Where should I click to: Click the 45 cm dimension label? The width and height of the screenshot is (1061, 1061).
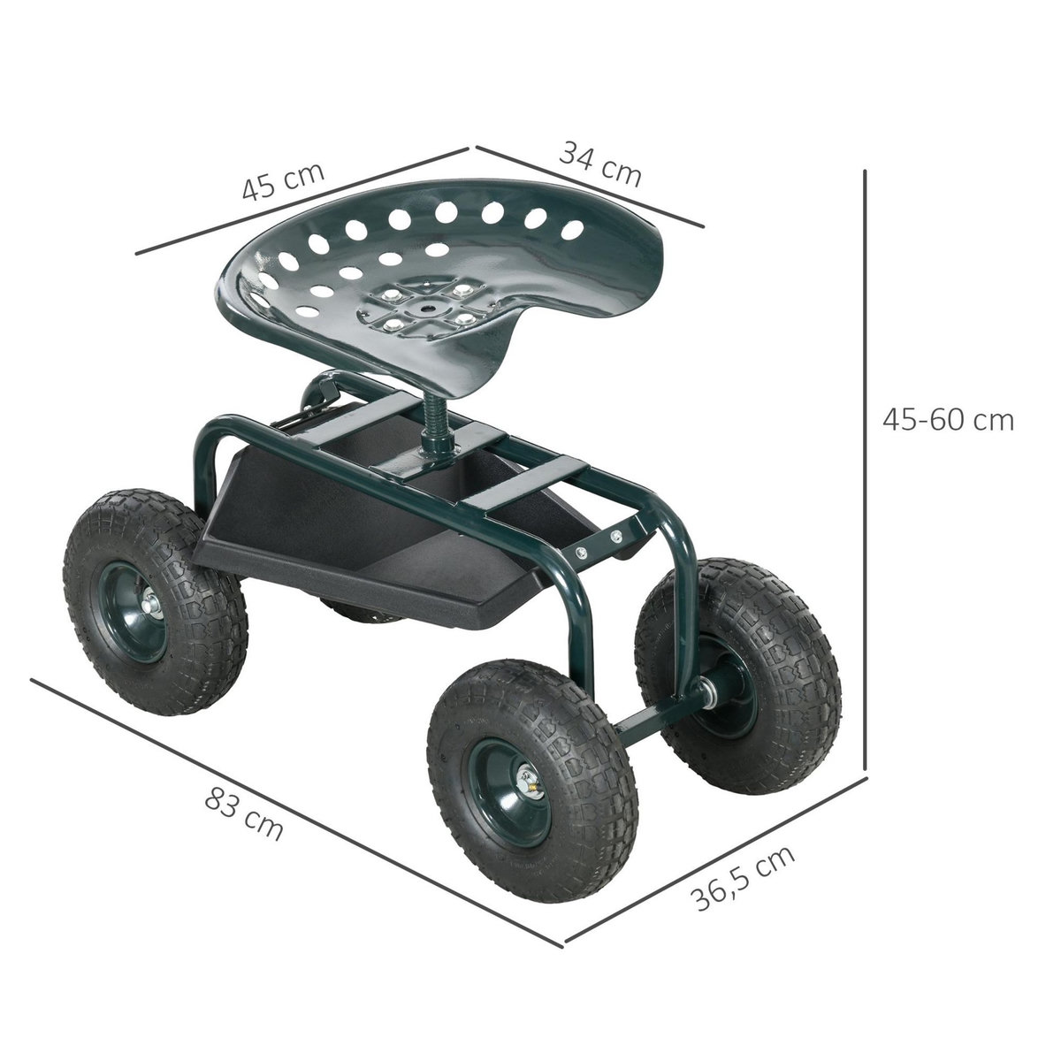284,181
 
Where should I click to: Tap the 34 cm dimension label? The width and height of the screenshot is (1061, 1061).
600,162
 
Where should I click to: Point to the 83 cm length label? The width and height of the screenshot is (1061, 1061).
244,814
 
